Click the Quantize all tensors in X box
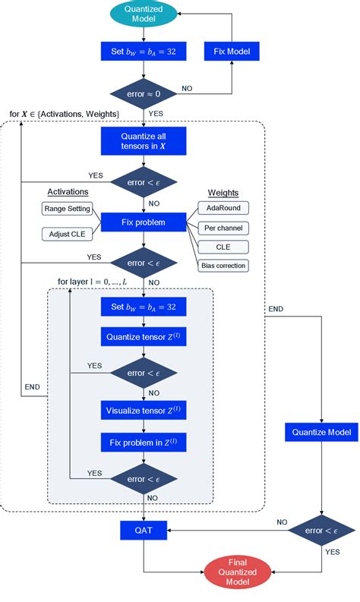click(144, 141)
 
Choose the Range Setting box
click(66, 208)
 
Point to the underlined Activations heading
click(68, 192)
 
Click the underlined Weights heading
click(223, 193)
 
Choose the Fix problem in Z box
click(144, 443)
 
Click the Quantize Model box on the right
click(322, 433)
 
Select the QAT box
click(144, 531)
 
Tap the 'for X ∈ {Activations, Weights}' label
click(64, 114)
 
